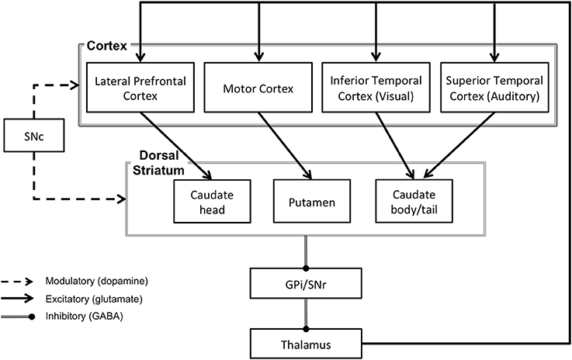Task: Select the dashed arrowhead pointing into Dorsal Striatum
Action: point(121,199)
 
